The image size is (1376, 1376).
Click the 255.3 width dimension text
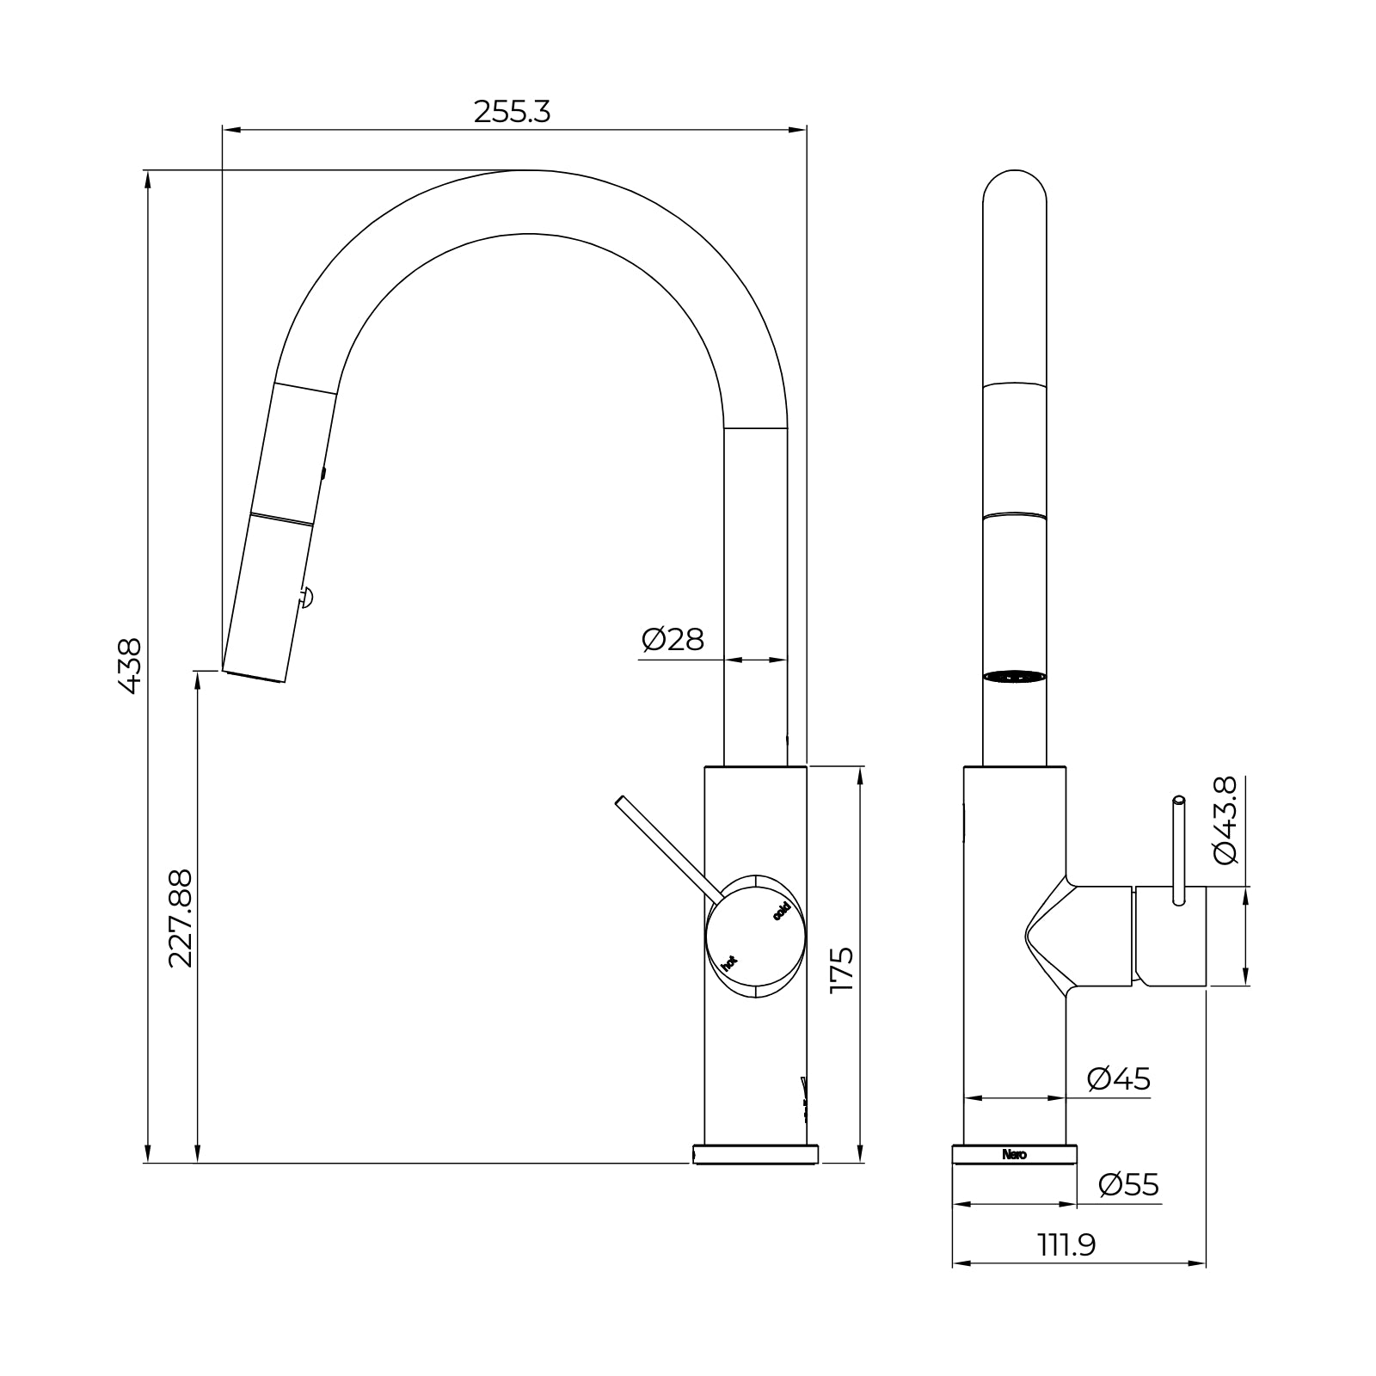pyautogui.click(x=512, y=112)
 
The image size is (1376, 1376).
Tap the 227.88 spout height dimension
pyautogui.click(x=180, y=918)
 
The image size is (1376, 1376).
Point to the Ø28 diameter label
pyautogui.click(x=673, y=640)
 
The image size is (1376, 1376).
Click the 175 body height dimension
pyautogui.click(x=840, y=969)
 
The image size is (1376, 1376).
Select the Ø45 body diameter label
pyautogui.click(x=1118, y=1078)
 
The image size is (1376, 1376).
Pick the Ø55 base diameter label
pyautogui.click(x=1128, y=1185)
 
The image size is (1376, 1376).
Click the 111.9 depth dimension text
pyautogui.click(x=1066, y=1244)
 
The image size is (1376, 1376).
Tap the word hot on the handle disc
pyautogui.click(x=729, y=962)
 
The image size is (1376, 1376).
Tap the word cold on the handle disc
pyautogui.click(x=781, y=912)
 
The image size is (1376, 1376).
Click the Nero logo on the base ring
pyautogui.click(x=1014, y=1155)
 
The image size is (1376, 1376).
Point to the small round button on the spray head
pyautogui.click(x=307, y=595)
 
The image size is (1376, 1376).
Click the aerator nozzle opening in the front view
pyautogui.click(x=1015, y=677)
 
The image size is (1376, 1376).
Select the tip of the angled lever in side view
pyautogui.click(x=620, y=802)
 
